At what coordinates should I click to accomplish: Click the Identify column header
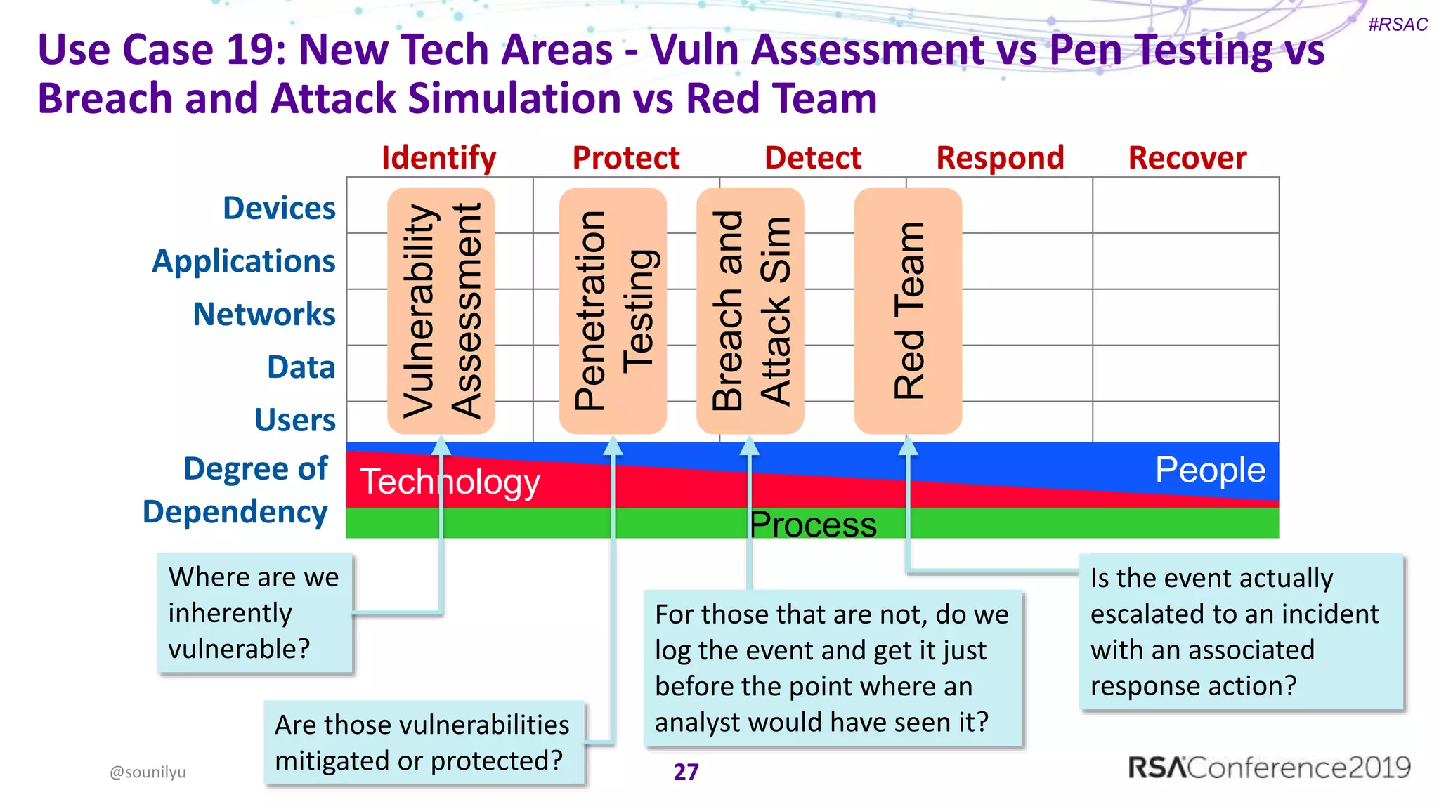click(438, 158)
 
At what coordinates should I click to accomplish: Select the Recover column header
click(1187, 158)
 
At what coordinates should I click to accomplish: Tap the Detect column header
click(812, 158)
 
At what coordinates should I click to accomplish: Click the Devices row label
click(279, 209)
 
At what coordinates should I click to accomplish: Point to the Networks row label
click(264, 314)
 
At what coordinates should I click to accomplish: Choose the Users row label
click(294, 420)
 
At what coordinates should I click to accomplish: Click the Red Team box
click(908, 310)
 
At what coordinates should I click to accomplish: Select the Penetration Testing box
click(613, 310)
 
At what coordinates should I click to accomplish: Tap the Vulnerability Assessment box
click(441, 310)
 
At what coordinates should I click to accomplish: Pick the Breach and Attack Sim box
click(750, 310)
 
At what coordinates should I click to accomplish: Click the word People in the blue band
click(1210, 470)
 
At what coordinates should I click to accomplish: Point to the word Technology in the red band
click(450, 482)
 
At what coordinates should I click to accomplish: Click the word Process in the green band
click(813, 525)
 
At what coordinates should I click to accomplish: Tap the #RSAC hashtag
click(1398, 25)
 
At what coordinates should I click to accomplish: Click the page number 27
click(686, 772)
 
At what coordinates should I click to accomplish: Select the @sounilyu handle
click(148, 772)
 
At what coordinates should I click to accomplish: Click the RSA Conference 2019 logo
click(1269, 768)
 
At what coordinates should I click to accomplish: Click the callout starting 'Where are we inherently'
click(254, 613)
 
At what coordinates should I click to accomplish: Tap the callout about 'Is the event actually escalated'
click(1241, 631)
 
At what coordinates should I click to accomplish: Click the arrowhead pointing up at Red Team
click(908, 445)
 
